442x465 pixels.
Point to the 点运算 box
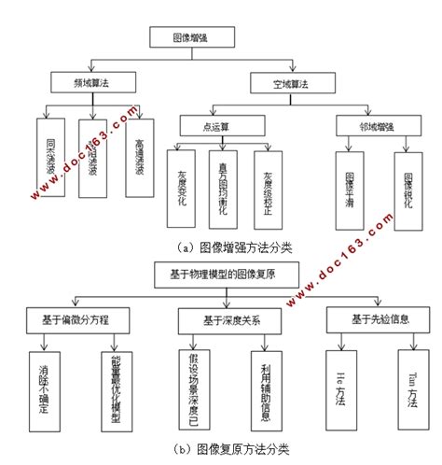point(211,125)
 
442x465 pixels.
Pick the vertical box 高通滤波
point(140,157)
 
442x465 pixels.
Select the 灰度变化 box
point(182,186)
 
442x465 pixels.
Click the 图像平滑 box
point(350,187)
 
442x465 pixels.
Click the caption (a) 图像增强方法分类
point(221,247)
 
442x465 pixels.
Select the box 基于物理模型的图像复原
point(221,275)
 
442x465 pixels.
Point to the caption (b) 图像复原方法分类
point(221,448)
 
